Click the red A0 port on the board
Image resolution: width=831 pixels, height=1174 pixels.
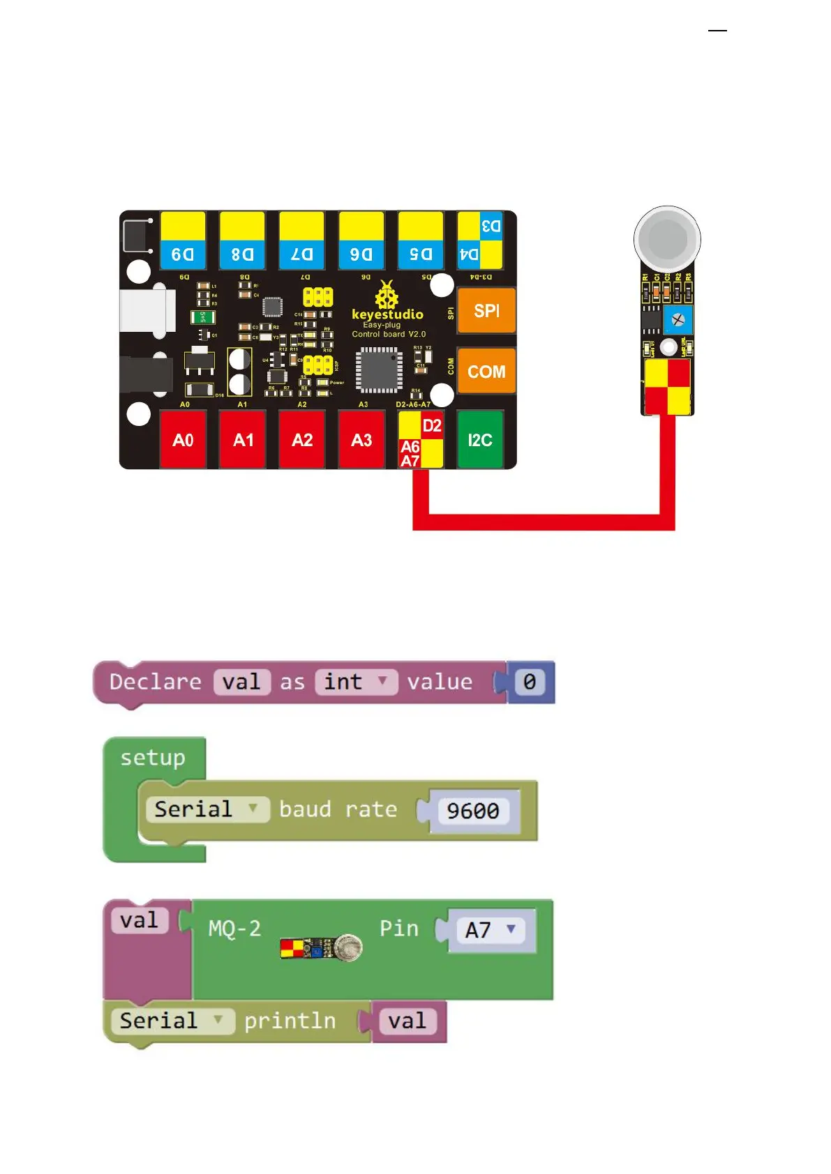(183, 440)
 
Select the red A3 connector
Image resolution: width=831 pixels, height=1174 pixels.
(361, 440)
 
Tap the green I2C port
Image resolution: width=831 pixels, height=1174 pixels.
(480, 440)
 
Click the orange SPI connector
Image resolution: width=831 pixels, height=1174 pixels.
(486, 311)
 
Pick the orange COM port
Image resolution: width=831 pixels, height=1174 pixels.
(486, 372)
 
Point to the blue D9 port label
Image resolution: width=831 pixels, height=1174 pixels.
(183, 254)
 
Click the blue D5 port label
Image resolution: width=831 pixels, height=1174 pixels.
(421, 254)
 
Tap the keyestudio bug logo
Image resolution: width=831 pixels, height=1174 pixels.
(386, 295)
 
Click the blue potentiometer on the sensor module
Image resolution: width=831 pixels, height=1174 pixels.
(677, 320)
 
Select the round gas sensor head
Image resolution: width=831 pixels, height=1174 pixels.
(668, 239)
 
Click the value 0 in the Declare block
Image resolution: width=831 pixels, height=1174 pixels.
(530, 682)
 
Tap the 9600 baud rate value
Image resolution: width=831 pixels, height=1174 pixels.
(473, 811)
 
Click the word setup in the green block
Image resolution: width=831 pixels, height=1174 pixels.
(153, 758)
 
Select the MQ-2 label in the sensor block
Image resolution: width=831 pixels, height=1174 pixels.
(234, 929)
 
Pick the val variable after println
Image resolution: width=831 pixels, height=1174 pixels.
(407, 1021)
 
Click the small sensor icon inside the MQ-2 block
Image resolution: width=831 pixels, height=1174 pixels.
(321, 948)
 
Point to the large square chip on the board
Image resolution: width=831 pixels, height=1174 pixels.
(380, 369)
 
